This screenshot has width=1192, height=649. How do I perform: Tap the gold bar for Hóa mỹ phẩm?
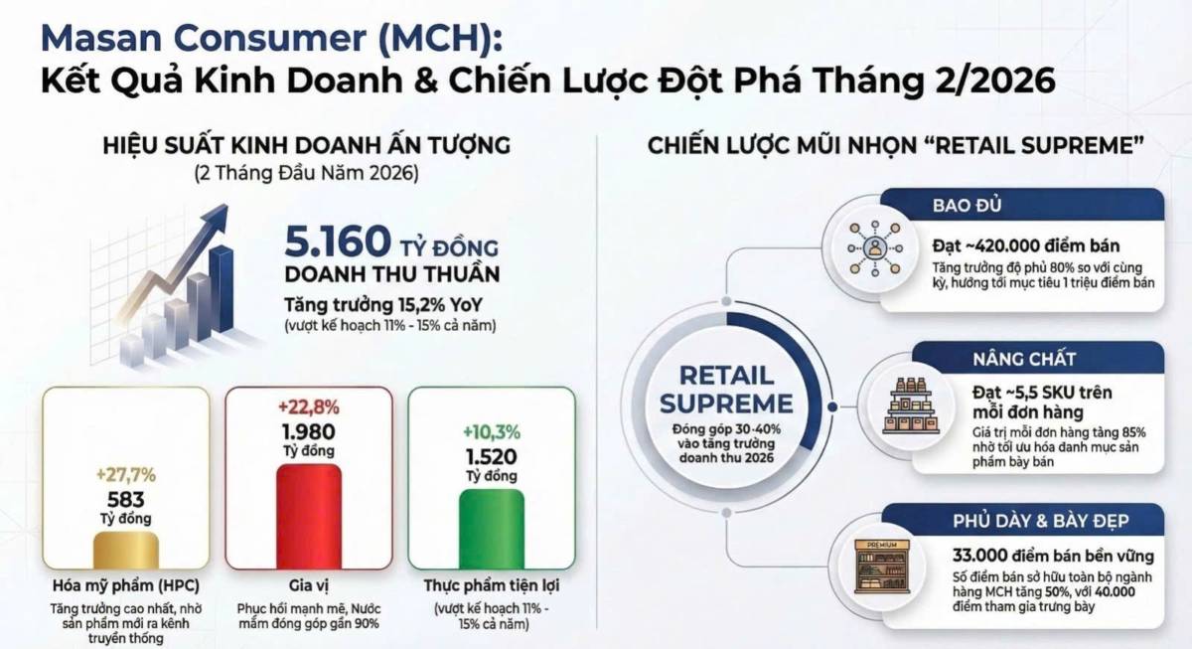click(125, 548)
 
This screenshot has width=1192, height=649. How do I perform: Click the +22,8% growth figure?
click(308, 406)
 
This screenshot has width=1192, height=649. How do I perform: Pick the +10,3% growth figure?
click(491, 432)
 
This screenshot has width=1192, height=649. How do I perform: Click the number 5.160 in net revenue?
click(335, 242)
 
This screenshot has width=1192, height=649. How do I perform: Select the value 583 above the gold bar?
click(125, 499)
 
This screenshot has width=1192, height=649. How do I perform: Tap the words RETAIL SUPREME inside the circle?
click(727, 389)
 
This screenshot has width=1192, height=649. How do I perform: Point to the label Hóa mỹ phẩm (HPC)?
click(124, 584)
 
